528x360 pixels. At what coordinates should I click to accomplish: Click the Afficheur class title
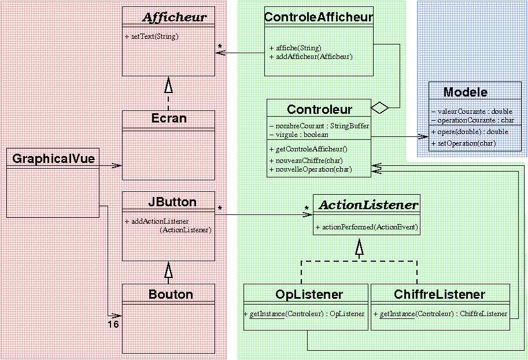tap(174, 17)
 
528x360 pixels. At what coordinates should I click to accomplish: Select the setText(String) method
tap(152, 36)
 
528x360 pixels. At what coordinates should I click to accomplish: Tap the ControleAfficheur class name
tap(319, 17)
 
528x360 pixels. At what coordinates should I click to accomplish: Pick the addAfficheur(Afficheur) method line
tap(311, 57)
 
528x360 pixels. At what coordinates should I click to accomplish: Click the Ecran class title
tap(168, 118)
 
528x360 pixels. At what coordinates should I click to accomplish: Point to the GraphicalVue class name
tap(53, 158)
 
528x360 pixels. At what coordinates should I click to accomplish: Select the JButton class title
tap(172, 202)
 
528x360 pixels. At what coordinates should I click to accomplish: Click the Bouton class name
tap(171, 294)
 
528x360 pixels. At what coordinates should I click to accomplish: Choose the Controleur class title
tap(319, 109)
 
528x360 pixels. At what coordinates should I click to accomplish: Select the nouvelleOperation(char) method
tap(311, 169)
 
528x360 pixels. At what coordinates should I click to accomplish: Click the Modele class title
tap(465, 92)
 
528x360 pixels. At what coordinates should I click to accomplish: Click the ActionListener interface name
tap(369, 205)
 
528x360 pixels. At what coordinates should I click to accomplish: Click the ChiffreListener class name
tap(440, 294)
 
